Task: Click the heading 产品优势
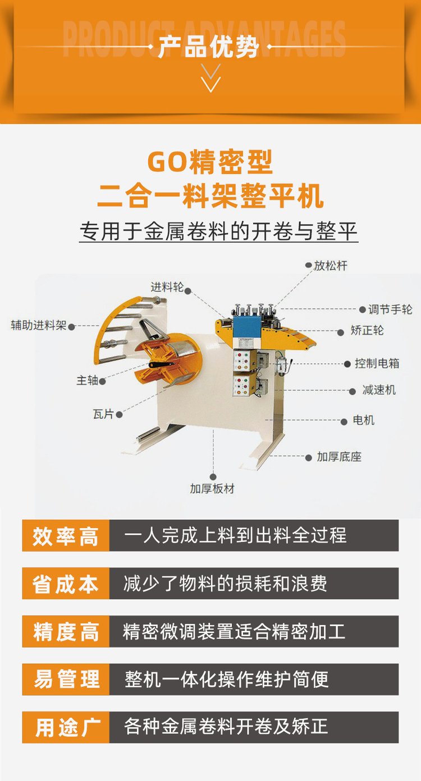click(208, 46)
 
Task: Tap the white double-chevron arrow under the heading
click(211, 78)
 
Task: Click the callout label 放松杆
click(330, 266)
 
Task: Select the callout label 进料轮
click(167, 287)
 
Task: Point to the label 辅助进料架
click(38, 325)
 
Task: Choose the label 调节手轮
click(390, 309)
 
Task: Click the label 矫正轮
click(367, 330)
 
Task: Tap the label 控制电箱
click(377, 363)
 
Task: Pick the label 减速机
click(379, 390)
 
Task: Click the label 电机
click(363, 420)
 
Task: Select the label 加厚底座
click(339, 457)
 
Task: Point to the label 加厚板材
click(212, 489)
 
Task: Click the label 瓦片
click(103, 414)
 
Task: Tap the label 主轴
click(87, 380)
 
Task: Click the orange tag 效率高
click(66, 536)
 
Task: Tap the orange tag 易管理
click(66, 680)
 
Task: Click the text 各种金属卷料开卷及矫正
click(226, 727)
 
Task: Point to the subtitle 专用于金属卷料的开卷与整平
click(218, 231)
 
